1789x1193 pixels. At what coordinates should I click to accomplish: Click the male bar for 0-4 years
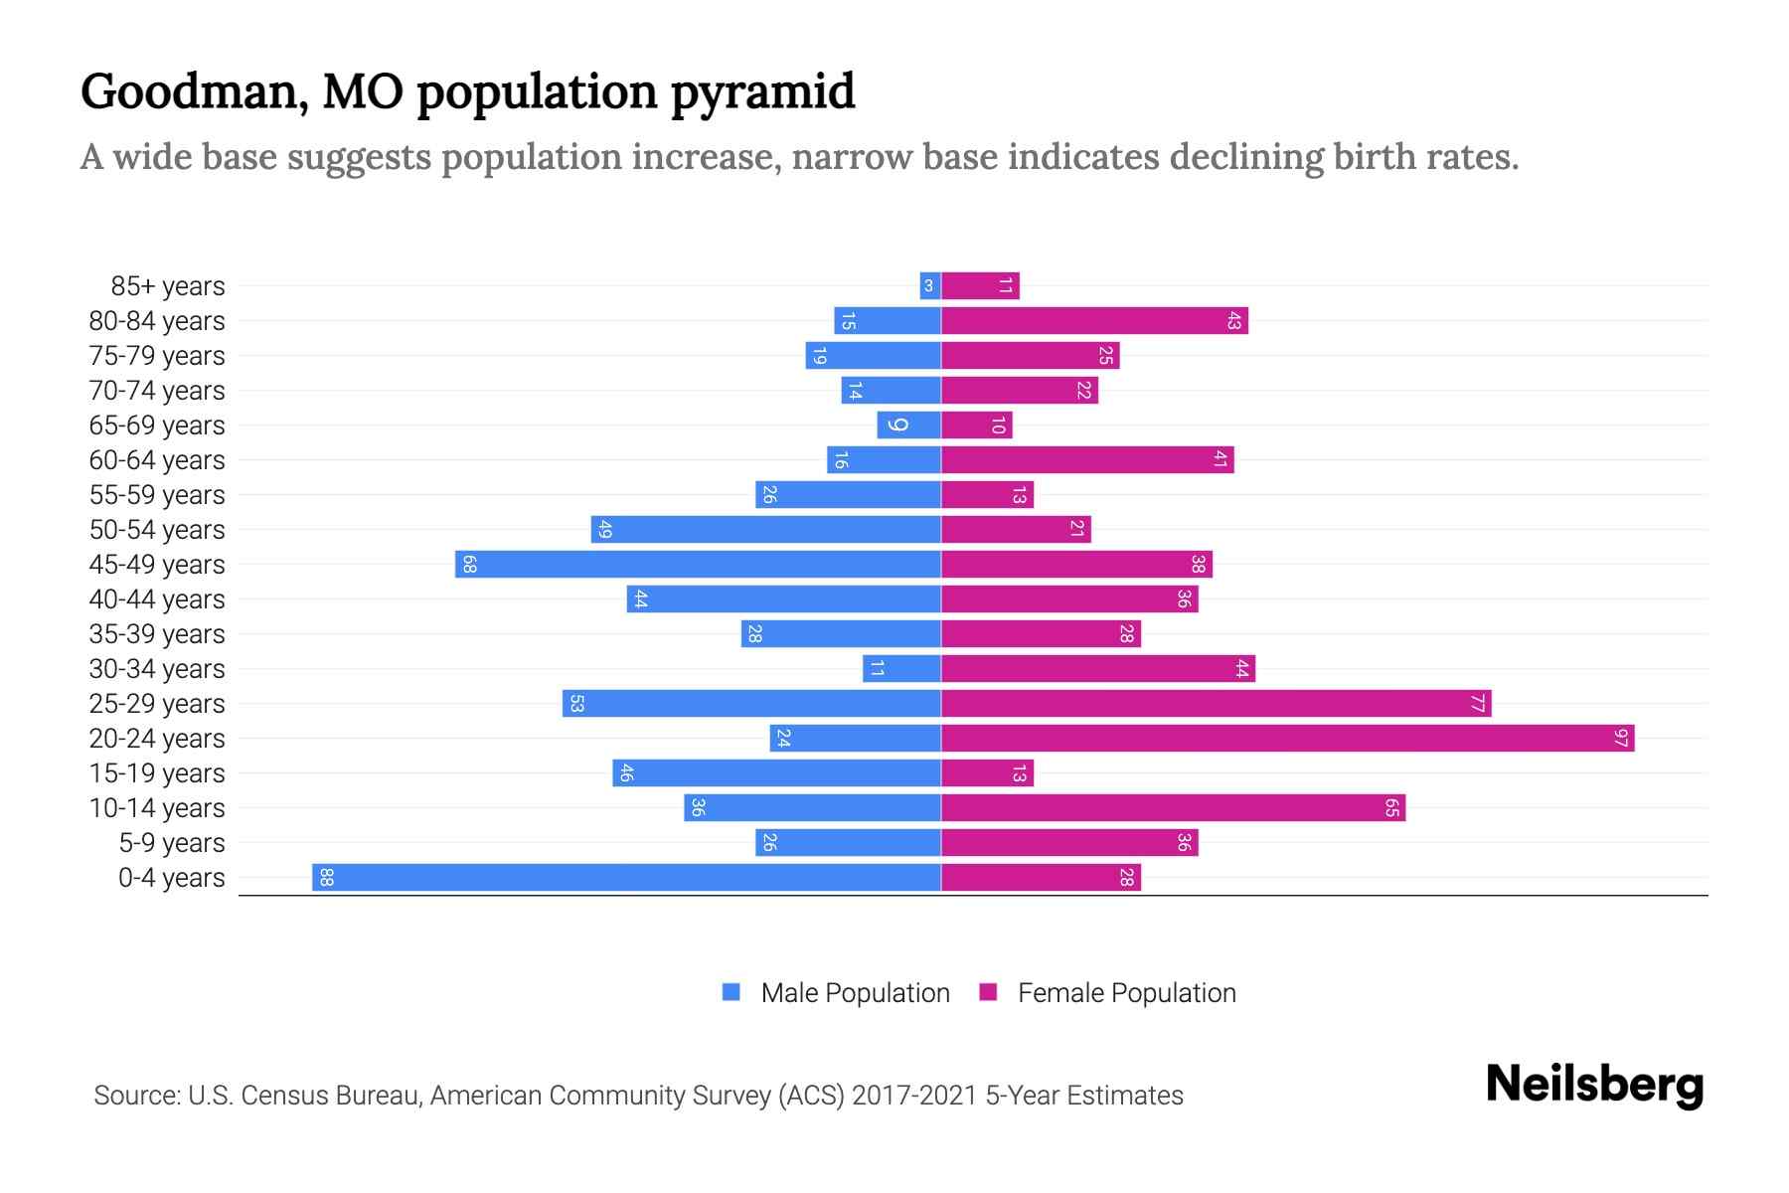click(x=626, y=877)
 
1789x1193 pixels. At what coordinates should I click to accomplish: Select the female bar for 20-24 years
click(x=1287, y=738)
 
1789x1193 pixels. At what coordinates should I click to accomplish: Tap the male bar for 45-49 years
click(x=698, y=564)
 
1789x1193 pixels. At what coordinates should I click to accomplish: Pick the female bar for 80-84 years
click(x=1093, y=320)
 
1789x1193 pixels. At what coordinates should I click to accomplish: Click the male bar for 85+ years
click(x=930, y=285)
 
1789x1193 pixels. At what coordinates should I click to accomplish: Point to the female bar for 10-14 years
click(x=1173, y=807)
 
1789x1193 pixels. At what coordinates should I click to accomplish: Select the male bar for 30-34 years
click(x=901, y=668)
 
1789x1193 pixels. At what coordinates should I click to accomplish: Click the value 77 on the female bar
click(x=1478, y=703)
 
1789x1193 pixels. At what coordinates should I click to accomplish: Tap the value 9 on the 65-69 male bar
click(x=897, y=425)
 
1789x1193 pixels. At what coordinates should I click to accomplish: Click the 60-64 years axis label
click(x=157, y=460)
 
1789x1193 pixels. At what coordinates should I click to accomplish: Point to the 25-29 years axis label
click(x=157, y=704)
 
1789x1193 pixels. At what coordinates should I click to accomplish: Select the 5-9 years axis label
click(x=171, y=843)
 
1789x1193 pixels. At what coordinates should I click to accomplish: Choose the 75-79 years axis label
click(x=157, y=356)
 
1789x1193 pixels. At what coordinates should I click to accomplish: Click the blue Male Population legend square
click(x=732, y=992)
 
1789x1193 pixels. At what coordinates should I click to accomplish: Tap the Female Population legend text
click(x=1126, y=992)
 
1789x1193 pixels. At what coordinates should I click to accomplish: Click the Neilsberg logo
click(x=1594, y=1085)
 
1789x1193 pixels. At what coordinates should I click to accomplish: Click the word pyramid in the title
click(x=762, y=92)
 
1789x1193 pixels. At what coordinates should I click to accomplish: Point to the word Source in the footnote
click(x=136, y=1096)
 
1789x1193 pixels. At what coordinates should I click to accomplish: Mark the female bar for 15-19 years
click(x=987, y=772)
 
